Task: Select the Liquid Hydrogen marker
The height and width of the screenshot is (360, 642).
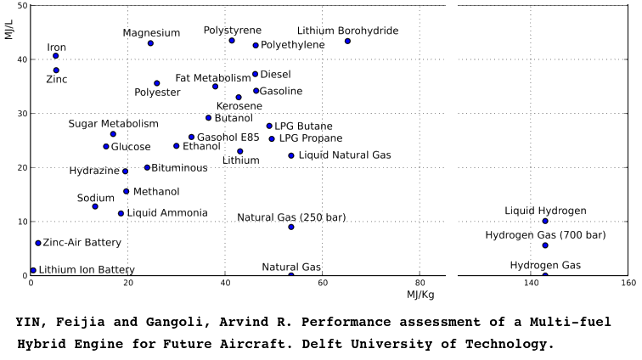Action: click(545, 222)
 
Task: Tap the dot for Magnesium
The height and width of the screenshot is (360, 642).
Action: click(150, 43)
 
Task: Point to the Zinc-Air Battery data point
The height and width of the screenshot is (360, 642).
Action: click(38, 243)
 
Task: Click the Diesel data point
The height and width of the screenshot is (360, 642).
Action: click(255, 74)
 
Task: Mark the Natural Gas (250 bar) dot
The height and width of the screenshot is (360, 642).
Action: click(291, 227)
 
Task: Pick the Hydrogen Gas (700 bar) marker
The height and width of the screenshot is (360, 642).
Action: click(545, 245)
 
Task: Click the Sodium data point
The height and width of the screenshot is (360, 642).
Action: click(95, 206)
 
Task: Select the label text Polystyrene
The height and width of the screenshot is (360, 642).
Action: click(233, 30)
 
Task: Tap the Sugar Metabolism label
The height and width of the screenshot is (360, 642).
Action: click(114, 124)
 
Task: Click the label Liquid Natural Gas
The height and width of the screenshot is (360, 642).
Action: click(345, 155)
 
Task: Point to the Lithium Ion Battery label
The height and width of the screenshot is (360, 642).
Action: click(87, 270)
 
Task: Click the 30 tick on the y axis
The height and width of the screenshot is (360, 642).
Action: click(21, 114)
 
